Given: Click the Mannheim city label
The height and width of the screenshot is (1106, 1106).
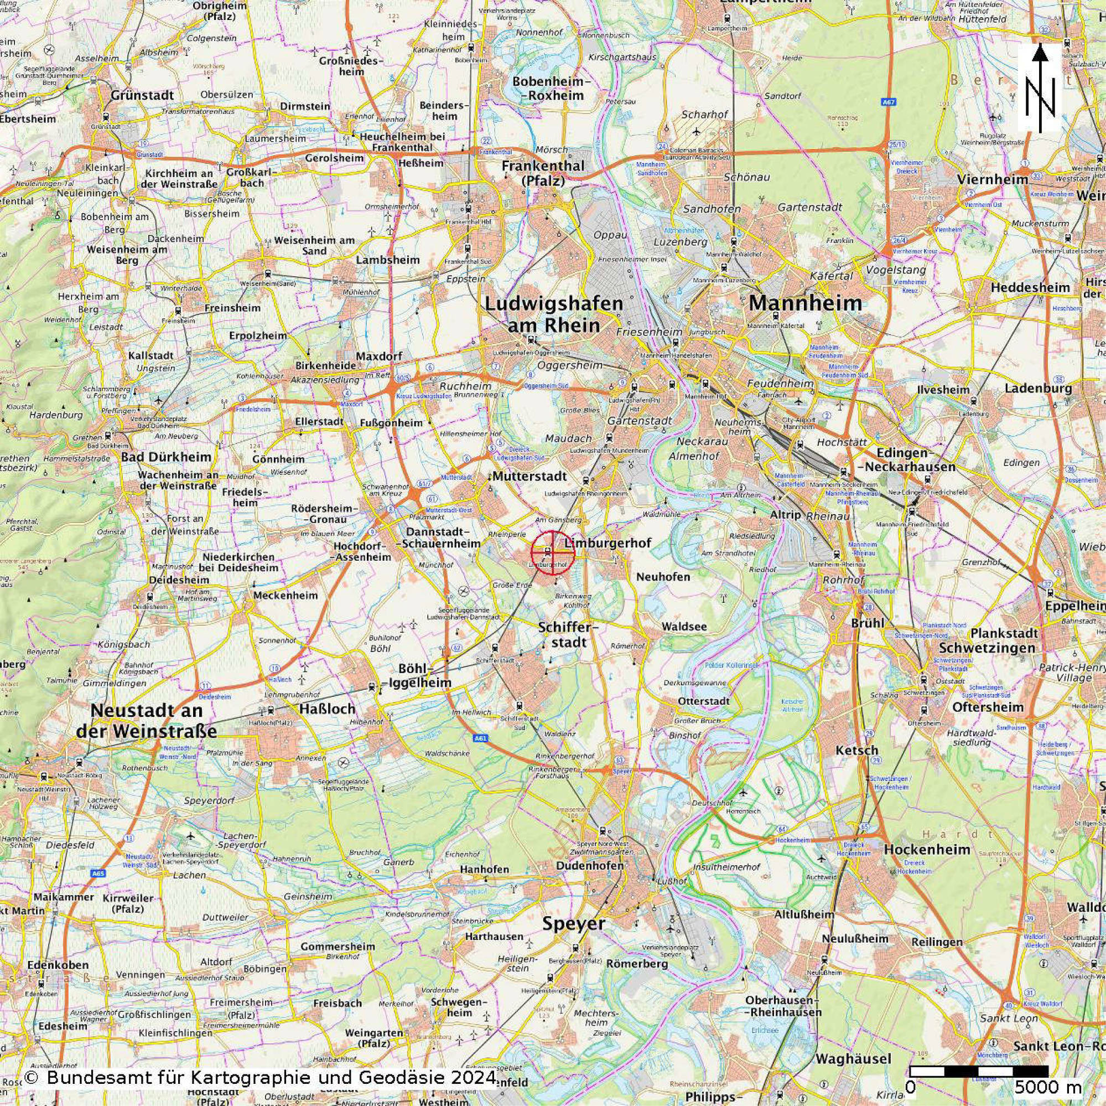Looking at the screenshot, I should pos(805,303).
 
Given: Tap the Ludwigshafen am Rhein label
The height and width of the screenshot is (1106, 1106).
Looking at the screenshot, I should pos(554,314).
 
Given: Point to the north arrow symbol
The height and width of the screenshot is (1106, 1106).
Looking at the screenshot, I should pos(1040,89).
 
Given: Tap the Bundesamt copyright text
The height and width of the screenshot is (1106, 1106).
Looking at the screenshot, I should pos(261,1078).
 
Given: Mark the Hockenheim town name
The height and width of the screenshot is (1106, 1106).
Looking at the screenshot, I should pos(927,849).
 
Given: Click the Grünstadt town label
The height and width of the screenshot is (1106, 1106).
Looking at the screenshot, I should pos(143,95).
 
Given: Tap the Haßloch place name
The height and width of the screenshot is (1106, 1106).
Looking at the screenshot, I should pos(319,709).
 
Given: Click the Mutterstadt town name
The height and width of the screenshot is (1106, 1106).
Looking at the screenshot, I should pos(522,477).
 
